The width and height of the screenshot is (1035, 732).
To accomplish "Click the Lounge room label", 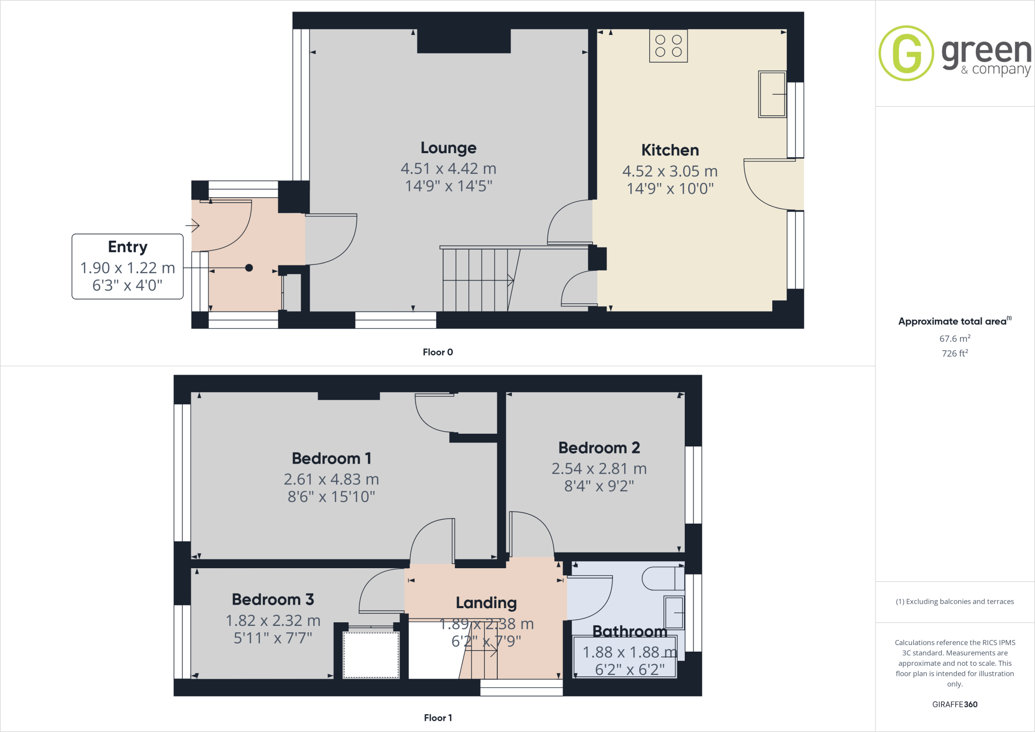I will [x=448, y=148].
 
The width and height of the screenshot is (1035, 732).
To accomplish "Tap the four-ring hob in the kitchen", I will [x=668, y=45].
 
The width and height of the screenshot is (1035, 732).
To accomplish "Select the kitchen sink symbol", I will [x=772, y=95].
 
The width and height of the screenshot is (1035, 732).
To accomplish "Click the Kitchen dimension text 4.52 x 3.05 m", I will [x=670, y=171].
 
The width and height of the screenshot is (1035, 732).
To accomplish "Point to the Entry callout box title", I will [x=127, y=247].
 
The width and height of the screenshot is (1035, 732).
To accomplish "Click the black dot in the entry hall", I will [x=249, y=268].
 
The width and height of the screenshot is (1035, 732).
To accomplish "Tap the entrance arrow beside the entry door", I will [x=193, y=225].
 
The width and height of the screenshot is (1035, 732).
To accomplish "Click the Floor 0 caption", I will [x=438, y=352].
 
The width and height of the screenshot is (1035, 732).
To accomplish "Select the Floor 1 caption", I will [x=438, y=718].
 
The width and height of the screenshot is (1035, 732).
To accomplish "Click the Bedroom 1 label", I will [x=332, y=459].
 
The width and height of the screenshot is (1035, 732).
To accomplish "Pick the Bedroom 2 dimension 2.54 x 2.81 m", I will [x=599, y=469].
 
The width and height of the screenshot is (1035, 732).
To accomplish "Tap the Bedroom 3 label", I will [x=273, y=600].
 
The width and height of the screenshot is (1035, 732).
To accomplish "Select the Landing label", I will [x=486, y=603].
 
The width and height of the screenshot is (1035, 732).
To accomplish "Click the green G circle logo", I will [x=906, y=53].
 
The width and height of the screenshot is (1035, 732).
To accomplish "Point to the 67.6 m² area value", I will [x=955, y=339].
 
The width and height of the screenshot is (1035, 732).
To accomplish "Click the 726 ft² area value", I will [x=955, y=353].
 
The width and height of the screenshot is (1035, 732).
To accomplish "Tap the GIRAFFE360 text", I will [x=955, y=704].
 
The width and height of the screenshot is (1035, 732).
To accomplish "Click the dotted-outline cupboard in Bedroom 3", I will [x=371, y=655].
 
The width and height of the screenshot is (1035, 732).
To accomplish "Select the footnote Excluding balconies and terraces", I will [x=955, y=602].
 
